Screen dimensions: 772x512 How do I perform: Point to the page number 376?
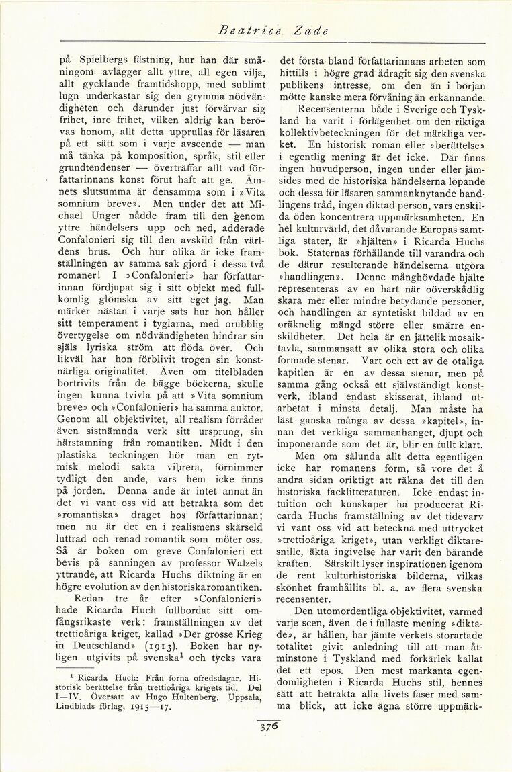click(x=267, y=726)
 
